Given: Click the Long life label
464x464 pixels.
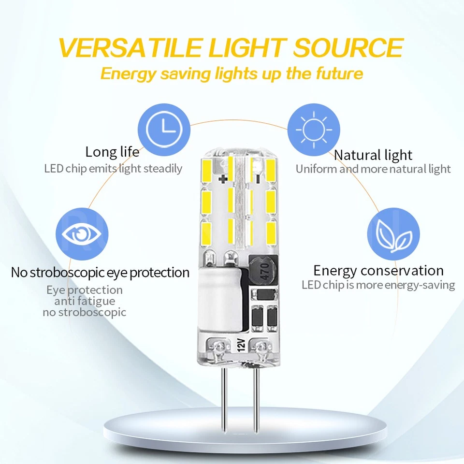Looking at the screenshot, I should pos(112,152).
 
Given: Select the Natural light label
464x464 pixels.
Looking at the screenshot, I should pos(373,155).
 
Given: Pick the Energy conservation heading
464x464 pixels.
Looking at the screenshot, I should pos(378,270).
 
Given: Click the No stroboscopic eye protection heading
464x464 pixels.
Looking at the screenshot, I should pos(100,273).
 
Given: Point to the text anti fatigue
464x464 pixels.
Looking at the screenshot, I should pos(85,301).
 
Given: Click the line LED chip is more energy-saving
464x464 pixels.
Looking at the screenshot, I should pos(378,285).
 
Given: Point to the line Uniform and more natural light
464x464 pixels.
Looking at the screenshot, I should pos(373,169).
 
